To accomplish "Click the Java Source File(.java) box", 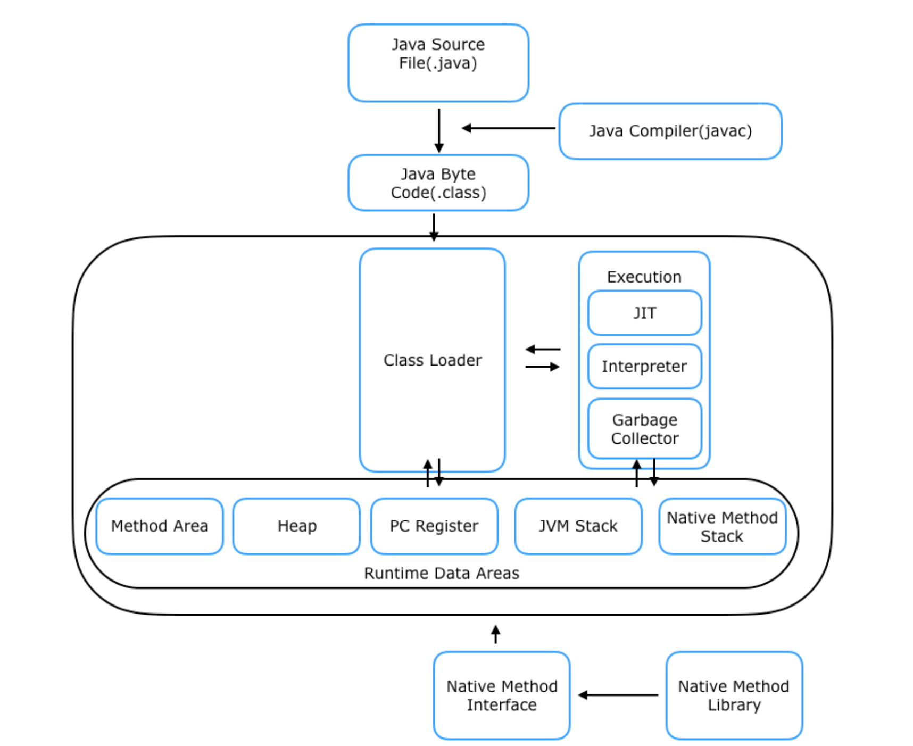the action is click(438, 63).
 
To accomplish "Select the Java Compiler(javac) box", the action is click(670, 131).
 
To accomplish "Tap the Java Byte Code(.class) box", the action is click(438, 183).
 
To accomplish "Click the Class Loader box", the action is click(432, 360).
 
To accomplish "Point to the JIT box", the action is click(644, 313).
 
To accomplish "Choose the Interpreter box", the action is click(644, 366).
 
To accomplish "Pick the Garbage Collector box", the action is click(644, 428).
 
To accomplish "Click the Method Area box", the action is click(160, 526).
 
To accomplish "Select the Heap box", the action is click(297, 526).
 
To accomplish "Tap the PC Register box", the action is click(434, 526).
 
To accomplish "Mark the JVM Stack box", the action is click(578, 526).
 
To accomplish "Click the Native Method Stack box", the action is click(722, 526).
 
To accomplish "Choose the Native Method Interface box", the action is click(502, 695).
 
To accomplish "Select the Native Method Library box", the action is click(734, 695).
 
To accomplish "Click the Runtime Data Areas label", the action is click(442, 573).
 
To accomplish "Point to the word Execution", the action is click(644, 277).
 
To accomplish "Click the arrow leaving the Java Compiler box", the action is click(508, 128).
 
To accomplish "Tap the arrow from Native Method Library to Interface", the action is click(618, 695).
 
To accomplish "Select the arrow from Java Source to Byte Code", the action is click(439, 131).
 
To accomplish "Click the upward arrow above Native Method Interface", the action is click(496, 634).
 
